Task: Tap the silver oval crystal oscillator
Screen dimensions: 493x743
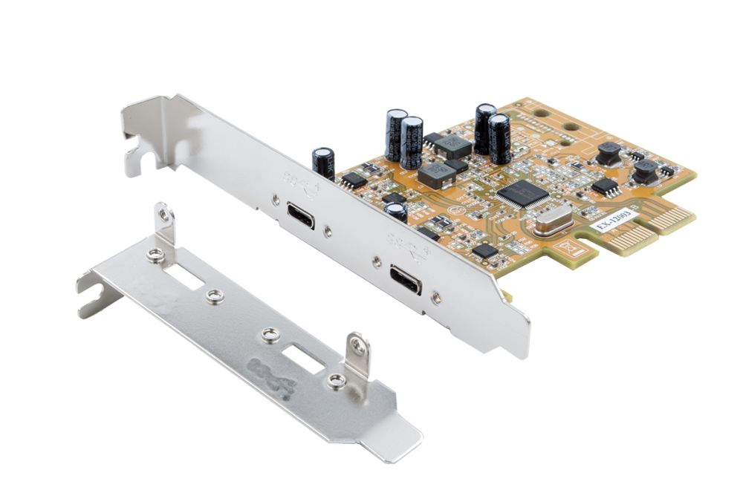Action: coord(554,221)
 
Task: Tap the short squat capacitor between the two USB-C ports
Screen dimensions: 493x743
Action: coord(396,212)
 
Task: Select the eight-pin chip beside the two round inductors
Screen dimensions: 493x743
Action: coord(606,186)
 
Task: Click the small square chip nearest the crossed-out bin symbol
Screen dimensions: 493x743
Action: coord(484,250)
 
